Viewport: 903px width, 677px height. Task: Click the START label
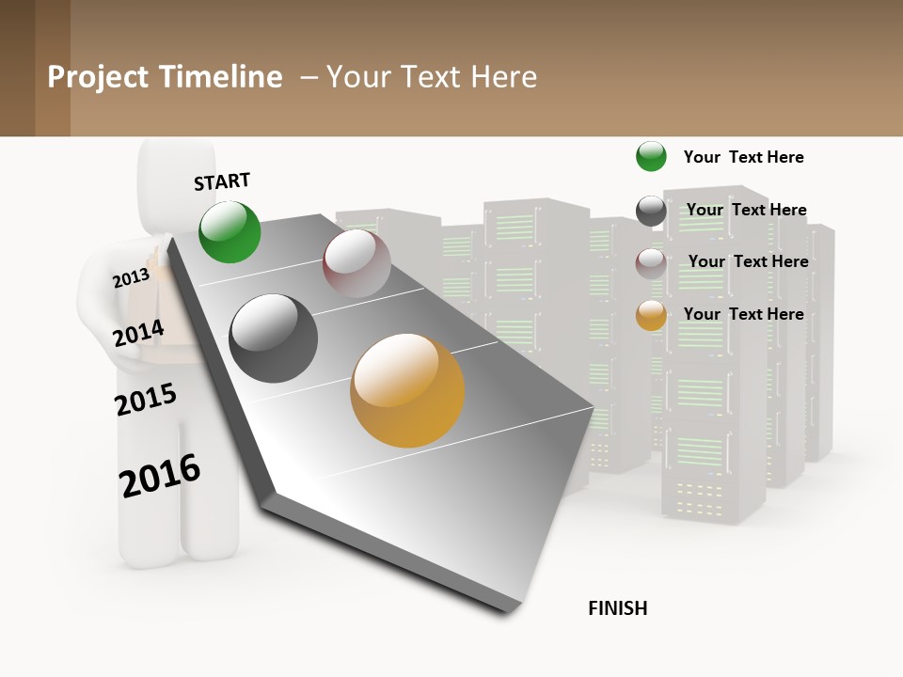click(222, 181)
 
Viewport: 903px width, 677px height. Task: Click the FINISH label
click(617, 608)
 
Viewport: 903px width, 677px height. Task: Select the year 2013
click(131, 277)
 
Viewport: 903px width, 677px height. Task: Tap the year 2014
click(138, 333)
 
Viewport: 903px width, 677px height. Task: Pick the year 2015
click(146, 400)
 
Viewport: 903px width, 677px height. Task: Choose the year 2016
click(160, 476)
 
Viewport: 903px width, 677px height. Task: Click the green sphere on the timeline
click(230, 231)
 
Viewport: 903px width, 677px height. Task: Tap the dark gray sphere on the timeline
click(273, 338)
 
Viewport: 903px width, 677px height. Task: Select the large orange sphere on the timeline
click(407, 390)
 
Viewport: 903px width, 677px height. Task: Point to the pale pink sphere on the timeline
click(356, 263)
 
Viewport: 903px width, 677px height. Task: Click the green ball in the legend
click(651, 156)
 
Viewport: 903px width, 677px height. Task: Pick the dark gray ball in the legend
click(651, 211)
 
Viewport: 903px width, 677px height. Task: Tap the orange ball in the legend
click(651, 315)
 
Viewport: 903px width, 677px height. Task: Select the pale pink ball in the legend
click(651, 263)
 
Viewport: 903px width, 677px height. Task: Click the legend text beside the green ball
click(743, 157)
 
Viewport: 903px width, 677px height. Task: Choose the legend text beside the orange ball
click(743, 314)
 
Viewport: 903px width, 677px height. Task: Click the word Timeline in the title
click(221, 77)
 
